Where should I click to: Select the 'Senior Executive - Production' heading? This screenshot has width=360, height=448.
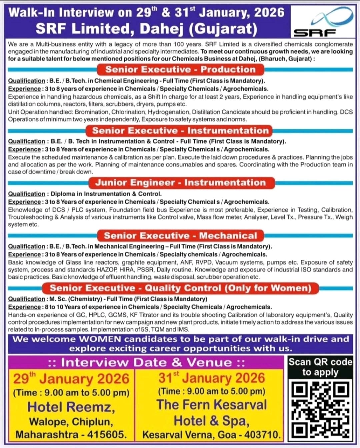(180, 70)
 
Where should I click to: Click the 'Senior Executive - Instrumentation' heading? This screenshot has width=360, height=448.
(180, 131)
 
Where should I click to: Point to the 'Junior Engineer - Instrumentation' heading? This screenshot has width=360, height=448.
(180, 183)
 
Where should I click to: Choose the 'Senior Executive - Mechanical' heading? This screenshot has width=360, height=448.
(180, 236)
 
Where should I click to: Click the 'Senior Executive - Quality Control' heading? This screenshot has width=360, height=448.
(180, 288)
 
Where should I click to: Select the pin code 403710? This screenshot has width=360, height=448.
(262, 435)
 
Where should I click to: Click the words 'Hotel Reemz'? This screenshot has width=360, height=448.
(71, 407)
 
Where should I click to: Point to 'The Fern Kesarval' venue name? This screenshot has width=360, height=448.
(212, 405)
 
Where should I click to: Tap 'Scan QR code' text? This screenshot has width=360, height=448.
(320, 362)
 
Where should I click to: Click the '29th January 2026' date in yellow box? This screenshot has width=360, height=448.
(71, 379)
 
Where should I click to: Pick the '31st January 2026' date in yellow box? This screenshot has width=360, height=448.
(212, 378)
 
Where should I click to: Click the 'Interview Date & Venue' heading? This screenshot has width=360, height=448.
(147, 362)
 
